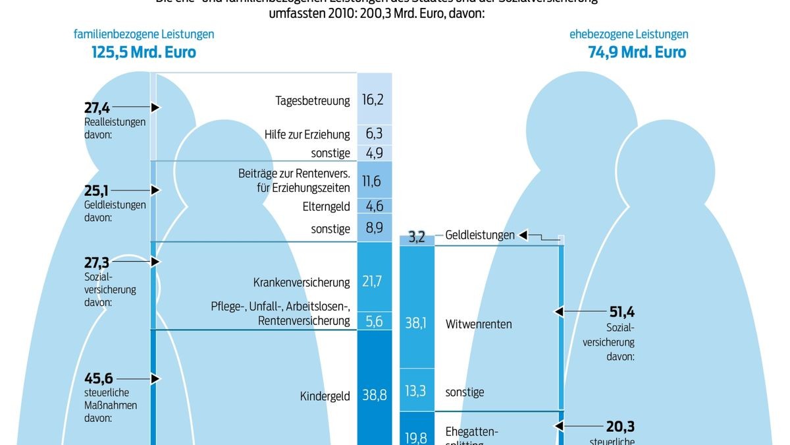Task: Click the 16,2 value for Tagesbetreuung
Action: [373, 100]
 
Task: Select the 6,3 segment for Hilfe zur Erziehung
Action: [373, 134]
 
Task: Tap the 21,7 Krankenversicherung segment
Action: [373, 282]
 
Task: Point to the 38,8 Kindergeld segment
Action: [373, 395]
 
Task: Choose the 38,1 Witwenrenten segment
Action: [417, 324]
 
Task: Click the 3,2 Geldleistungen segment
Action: [417, 237]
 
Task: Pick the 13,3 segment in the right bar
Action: [417, 391]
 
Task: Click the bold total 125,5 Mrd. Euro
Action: [144, 52]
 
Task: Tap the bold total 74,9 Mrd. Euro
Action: [637, 52]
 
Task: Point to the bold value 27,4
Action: [96, 107]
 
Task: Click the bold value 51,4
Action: [621, 312]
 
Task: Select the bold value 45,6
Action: [98, 378]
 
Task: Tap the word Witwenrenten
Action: [478, 324]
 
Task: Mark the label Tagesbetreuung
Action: [312, 101]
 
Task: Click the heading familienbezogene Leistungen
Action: [144, 34]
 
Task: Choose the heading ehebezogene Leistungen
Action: [629, 34]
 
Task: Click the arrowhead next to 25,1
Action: [156, 190]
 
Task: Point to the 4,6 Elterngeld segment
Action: [373, 206]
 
